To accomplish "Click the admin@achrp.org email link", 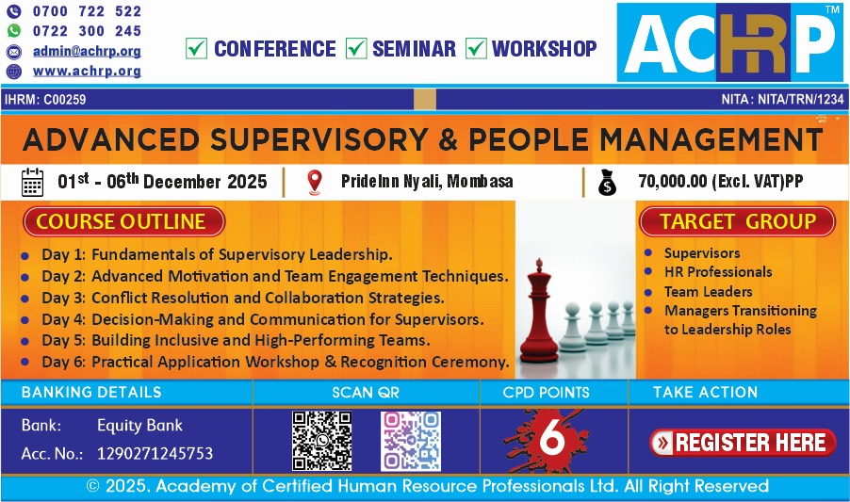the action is (87, 52).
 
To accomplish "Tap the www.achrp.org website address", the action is (87, 71).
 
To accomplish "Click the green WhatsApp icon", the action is (13, 31).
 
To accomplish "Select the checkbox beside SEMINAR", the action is (356, 48).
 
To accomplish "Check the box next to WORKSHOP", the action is (476, 48).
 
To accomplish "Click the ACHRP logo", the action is (729, 42).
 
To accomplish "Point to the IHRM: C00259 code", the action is (45, 100).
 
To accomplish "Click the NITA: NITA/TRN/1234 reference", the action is (782, 100).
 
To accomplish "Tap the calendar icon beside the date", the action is (32, 182).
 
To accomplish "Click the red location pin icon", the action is (315, 182).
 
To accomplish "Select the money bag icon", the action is (607, 182).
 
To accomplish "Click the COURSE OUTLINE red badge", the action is (123, 221).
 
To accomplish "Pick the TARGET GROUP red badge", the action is (737, 221).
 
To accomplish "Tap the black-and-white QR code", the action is (322, 441).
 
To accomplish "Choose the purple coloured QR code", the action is (411, 441).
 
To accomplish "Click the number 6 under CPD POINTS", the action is (552, 436).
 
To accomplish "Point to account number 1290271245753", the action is (155, 453).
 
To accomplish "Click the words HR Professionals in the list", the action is (718, 272).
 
